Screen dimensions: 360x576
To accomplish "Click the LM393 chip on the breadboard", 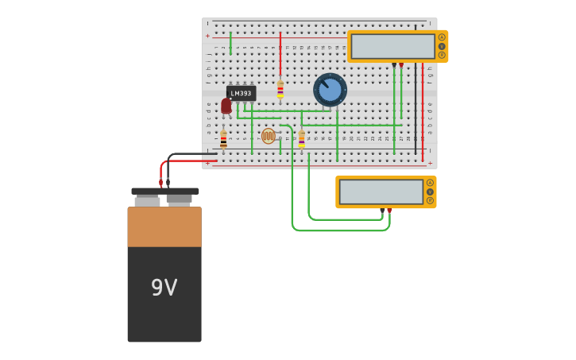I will pyautogui.click(x=241, y=93).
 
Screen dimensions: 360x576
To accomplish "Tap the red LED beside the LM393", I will pyautogui.click(x=226, y=106).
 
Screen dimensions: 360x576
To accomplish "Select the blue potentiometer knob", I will pyautogui.click(x=330, y=89).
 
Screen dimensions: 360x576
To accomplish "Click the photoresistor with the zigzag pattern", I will pyautogui.click(x=269, y=136).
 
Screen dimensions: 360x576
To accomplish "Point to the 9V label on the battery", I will pyautogui.click(x=164, y=288).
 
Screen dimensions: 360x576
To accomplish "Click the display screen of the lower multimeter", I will pyautogui.click(x=381, y=192).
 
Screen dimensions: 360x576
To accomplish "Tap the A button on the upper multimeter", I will pyautogui.click(x=442, y=37).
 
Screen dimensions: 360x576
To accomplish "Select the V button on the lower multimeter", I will pyautogui.click(x=430, y=192).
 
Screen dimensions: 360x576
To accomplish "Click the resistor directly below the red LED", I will pyautogui.click(x=223, y=140).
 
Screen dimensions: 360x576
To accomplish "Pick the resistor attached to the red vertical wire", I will pyautogui.click(x=280, y=90).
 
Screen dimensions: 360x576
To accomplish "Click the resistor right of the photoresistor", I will pyautogui.click(x=302, y=139).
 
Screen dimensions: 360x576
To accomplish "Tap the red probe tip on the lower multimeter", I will pyautogui.click(x=389, y=211).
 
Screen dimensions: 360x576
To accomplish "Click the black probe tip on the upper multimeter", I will pyautogui.click(x=394, y=65).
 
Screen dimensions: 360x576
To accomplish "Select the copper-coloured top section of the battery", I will pyautogui.click(x=164, y=226).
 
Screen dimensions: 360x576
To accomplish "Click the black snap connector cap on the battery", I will pyautogui.click(x=164, y=192).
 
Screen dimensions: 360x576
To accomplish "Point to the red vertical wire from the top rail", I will pyautogui.click(x=280, y=52).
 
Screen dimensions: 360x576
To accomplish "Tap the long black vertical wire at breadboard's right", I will pyautogui.click(x=415, y=111).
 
